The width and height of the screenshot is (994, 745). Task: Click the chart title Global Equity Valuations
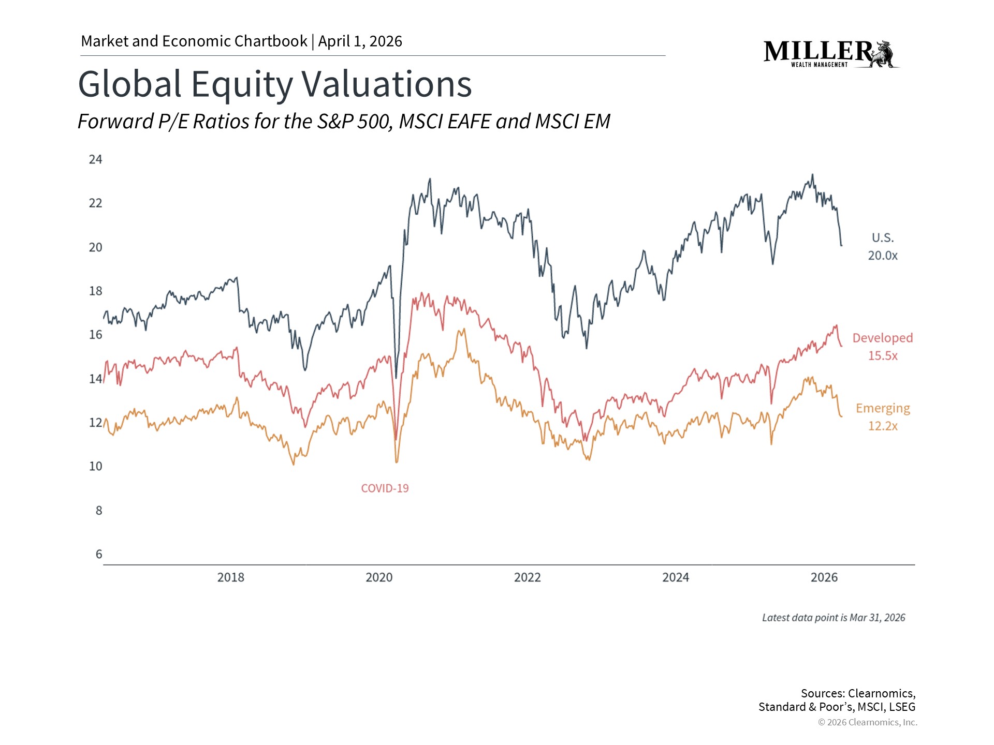(x=274, y=84)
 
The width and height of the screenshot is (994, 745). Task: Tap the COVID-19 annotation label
(x=385, y=488)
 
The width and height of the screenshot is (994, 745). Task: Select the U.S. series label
(x=883, y=238)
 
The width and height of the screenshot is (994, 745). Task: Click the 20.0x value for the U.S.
(x=883, y=256)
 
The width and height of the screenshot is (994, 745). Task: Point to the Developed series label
(x=883, y=338)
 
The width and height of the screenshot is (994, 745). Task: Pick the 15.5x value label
(x=883, y=356)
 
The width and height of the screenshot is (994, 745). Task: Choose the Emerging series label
(x=883, y=408)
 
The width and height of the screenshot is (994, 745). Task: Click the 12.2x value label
(x=883, y=426)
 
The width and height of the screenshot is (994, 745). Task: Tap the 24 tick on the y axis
(x=96, y=159)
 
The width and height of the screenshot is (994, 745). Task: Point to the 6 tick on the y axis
(x=99, y=555)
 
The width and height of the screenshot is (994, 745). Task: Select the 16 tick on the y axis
(x=96, y=335)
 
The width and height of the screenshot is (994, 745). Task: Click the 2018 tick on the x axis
(x=230, y=577)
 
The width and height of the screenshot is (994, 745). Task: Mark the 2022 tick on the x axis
(x=527, y=577)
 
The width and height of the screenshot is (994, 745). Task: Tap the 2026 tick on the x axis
(x=824, y=577)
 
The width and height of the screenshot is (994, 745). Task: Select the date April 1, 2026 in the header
(x=360, y=41)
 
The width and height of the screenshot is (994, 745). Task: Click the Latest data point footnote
(x=834, y=618)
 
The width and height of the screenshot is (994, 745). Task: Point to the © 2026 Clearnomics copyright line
(x=867, y=722)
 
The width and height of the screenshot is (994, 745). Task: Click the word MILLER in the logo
(x=818, y=51)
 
